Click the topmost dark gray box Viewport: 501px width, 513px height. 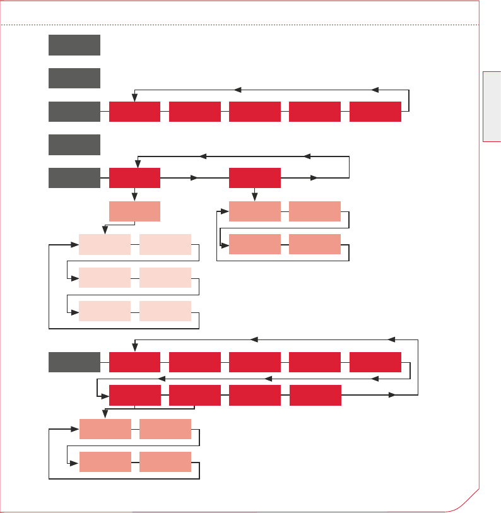click(74, 45)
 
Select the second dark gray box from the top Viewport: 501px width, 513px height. click(74, 78)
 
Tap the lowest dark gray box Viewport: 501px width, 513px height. click(74, 363)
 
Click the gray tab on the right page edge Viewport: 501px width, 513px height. click(492, 107)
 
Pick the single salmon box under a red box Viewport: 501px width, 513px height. click(134, 211)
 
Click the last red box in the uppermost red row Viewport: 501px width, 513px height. click(375, 112)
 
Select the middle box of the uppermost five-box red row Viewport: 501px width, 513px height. click(255, 112)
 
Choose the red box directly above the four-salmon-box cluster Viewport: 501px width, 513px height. click(255, 178)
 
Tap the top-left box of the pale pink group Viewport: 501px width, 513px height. click(105, 244)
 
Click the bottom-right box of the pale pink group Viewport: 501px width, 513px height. click(165, 311)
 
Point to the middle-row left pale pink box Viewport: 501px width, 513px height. click(105, 278)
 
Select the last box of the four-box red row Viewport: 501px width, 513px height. click(315, 395)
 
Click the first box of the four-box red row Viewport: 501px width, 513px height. click(134, 395)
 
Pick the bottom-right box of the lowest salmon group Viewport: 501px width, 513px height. click(165, 462)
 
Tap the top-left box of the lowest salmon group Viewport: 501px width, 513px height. click(105, 428)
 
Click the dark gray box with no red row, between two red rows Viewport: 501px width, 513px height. click(74, 144)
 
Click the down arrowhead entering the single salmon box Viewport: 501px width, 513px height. click(134, 198)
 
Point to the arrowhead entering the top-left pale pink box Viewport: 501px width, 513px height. click(75, 244)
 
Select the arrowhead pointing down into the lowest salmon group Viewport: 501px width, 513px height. click(105, 415)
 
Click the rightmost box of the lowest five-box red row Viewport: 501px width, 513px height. click(375, 363)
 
